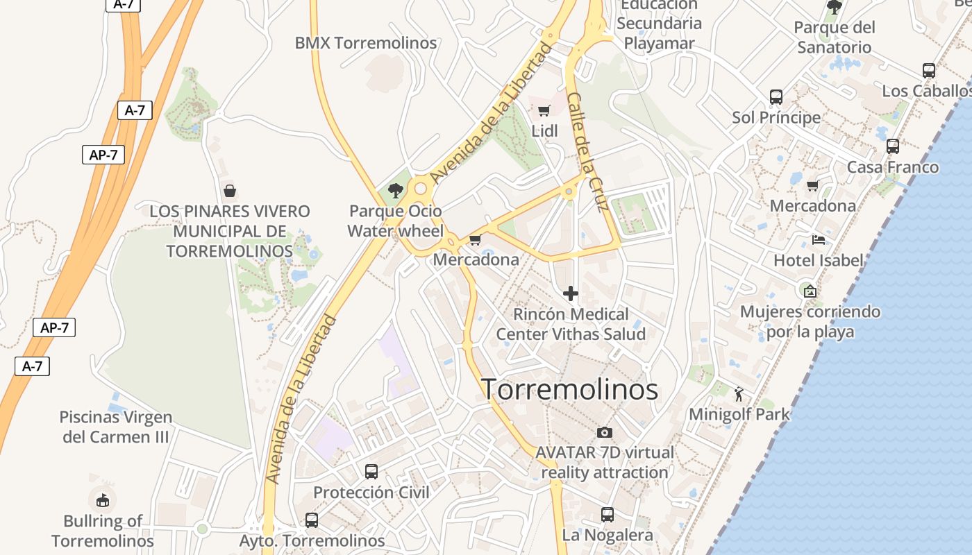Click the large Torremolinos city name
(570, 390)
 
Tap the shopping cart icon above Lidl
(544, 110)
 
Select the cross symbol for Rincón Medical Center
(571, 293)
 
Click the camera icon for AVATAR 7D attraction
(605, 432)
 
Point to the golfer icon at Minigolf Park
(739, 395)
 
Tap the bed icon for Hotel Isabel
(819, 241)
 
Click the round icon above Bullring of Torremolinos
(103, 499)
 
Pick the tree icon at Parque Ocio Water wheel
(396, 191)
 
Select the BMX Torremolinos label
(366, 43)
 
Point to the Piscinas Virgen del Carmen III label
(116, 427)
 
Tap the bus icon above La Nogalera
(607, 515)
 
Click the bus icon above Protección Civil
(371, 472)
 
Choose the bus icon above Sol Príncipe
(776, 97)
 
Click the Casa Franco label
(892, 167)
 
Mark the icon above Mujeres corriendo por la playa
(810, 291)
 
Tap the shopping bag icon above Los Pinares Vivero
(230, 190)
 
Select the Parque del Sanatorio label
(834, 37)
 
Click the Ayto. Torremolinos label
(312, 540)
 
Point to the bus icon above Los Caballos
(929, 70)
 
